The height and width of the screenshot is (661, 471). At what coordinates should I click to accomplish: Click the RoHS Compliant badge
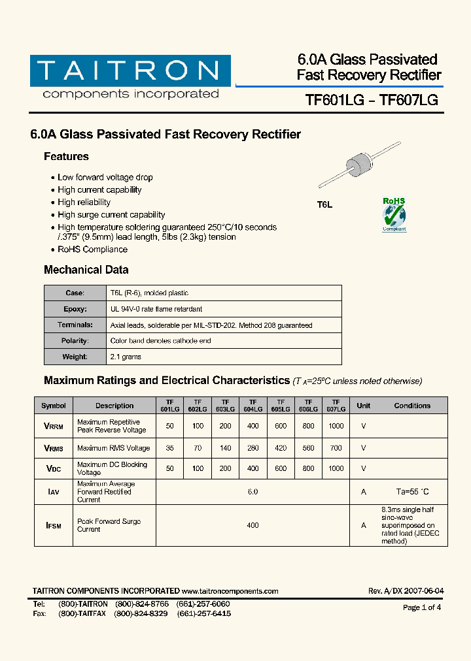pos(394,215)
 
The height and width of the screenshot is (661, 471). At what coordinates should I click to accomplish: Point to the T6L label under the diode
pos(325,204)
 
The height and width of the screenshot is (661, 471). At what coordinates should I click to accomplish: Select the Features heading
pos(66,157)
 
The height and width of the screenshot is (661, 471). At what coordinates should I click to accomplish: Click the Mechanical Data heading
pos(86,270)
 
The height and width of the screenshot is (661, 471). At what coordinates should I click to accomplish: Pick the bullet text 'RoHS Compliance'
pos(92,249)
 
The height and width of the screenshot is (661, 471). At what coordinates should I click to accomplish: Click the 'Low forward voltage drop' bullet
pos(105,177)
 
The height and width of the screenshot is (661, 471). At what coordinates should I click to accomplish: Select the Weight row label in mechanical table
pos(75,357)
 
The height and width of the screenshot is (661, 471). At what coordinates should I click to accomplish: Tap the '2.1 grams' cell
pos(126,357)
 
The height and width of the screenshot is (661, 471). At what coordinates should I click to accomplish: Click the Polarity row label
pos(75,341)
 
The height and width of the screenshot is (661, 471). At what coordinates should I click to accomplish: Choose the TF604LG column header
pos(253,406)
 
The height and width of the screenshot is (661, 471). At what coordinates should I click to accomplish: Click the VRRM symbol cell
pos(54,426)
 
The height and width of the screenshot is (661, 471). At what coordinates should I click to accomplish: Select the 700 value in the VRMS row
pos(336,448)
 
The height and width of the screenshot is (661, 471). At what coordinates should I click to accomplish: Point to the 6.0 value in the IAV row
pos(253,492)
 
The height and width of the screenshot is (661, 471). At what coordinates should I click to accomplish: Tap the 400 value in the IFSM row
pos(253,525)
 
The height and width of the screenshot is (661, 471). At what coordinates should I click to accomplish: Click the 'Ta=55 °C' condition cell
pos(412,492)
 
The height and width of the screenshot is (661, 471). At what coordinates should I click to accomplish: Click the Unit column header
pos(363,406)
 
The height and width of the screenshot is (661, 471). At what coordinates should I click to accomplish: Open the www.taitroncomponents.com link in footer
pos(230,591)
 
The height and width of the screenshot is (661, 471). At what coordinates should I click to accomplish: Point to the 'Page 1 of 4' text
pos(422,607)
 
